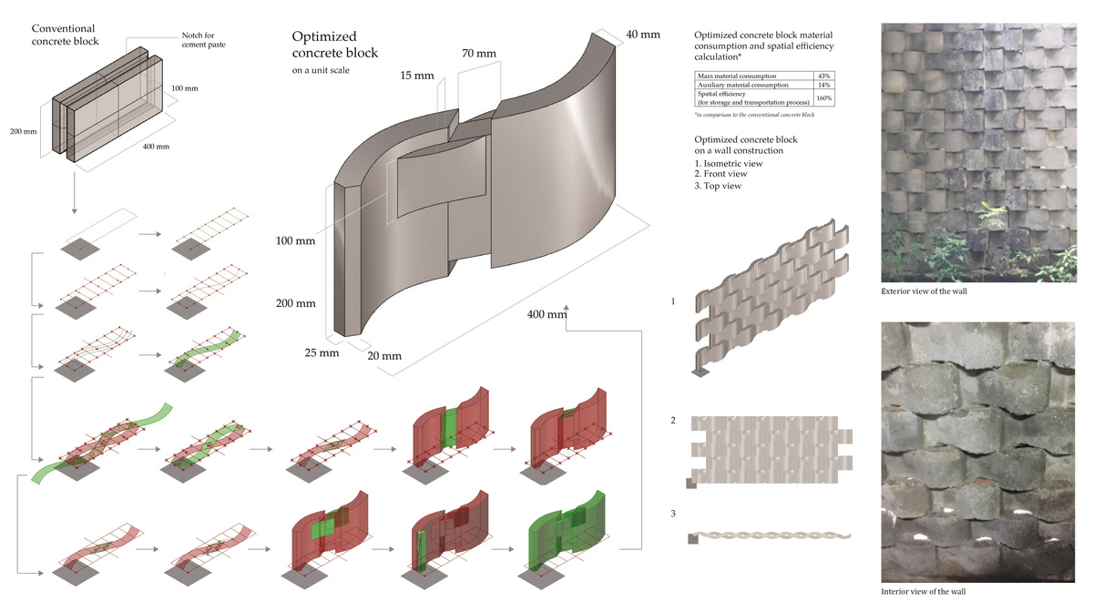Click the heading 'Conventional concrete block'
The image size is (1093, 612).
click(64, 36)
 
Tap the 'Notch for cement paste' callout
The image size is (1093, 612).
click(199, 39)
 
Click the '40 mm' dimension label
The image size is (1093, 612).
click(643, 35)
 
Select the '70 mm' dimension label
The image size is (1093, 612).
click(479, 53)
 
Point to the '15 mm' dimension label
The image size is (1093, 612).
click(417, 75)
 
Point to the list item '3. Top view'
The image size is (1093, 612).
click(718, 186)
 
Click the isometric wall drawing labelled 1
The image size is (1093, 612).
click(770, 296)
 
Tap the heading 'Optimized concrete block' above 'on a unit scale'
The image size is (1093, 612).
click(334, 45)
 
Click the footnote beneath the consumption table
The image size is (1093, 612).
click(754, 115)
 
